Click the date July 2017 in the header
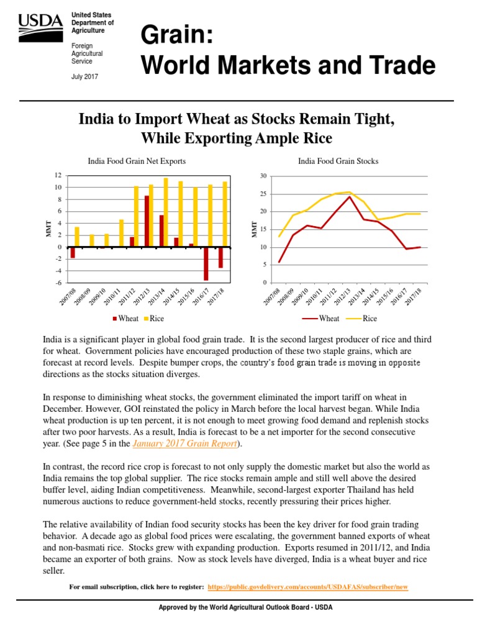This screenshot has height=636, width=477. point(85,76)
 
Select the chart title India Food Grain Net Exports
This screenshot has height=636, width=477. point(137,161)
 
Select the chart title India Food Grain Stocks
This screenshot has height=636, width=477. point(338,161)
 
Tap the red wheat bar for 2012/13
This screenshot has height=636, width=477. point(147,221)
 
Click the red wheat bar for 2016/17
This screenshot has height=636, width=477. point(206,263)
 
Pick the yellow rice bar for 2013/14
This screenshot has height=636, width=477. point(166,212)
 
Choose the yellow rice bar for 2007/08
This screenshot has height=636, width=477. point(77,237)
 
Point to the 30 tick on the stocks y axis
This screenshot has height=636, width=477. point(263,176)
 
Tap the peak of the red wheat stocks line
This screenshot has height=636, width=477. point(349,196)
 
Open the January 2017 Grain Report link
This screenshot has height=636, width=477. point(186,443)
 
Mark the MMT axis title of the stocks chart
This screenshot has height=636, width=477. point(253,229)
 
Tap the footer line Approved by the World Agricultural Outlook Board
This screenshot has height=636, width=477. point(238,607)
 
